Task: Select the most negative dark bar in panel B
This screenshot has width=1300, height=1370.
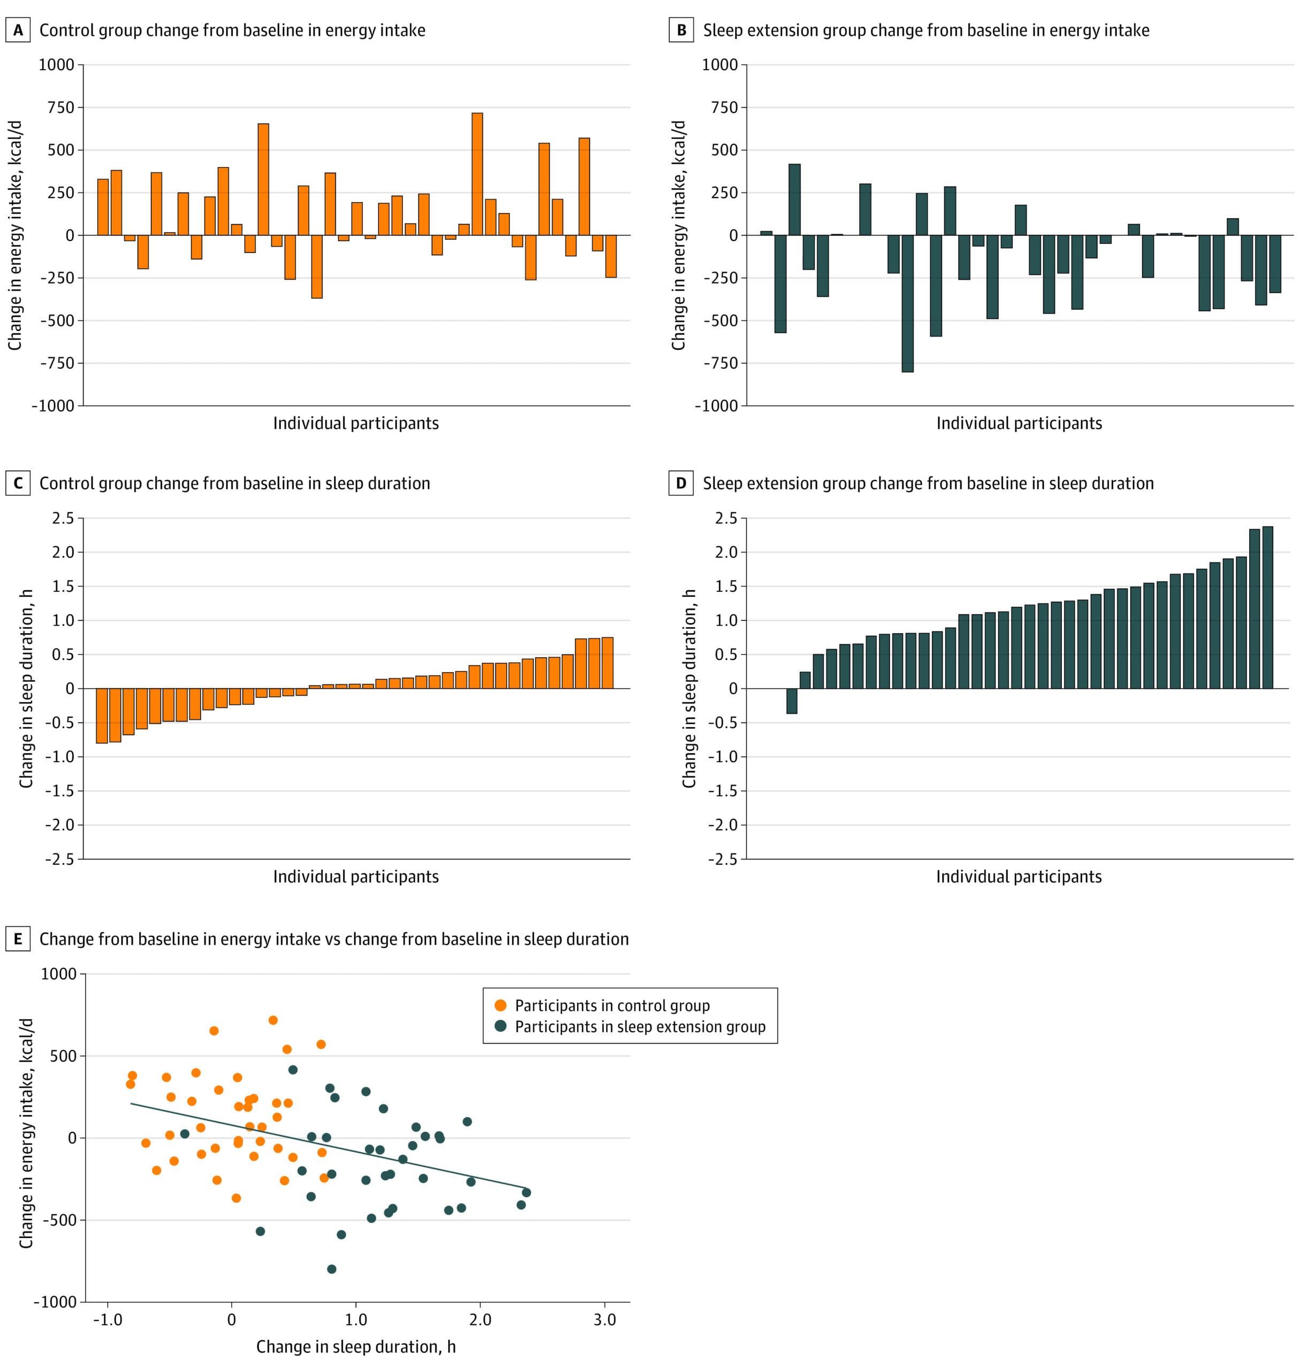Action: pos(907,303)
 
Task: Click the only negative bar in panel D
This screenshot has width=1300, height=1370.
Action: pos(791,701)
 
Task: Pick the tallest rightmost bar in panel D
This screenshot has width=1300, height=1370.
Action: pos(1267,607)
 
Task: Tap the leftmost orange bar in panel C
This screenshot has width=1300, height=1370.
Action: pos(102,716)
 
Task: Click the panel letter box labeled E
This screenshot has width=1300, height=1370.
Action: pos(18,939)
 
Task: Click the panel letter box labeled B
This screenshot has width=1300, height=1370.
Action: pos(681,31)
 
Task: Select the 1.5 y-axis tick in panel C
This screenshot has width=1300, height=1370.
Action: pos(64,587)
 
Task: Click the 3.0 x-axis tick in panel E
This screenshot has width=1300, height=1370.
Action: pos(605,1319)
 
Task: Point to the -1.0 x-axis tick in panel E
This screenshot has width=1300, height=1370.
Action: pos(108,1319)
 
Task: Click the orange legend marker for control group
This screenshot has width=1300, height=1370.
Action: pos(500,1006)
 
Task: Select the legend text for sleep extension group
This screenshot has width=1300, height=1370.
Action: pos(640,1027)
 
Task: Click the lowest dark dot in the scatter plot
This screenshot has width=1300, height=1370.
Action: pos(331,1269)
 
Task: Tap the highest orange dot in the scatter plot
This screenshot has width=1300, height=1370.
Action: pos(273,1020)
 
